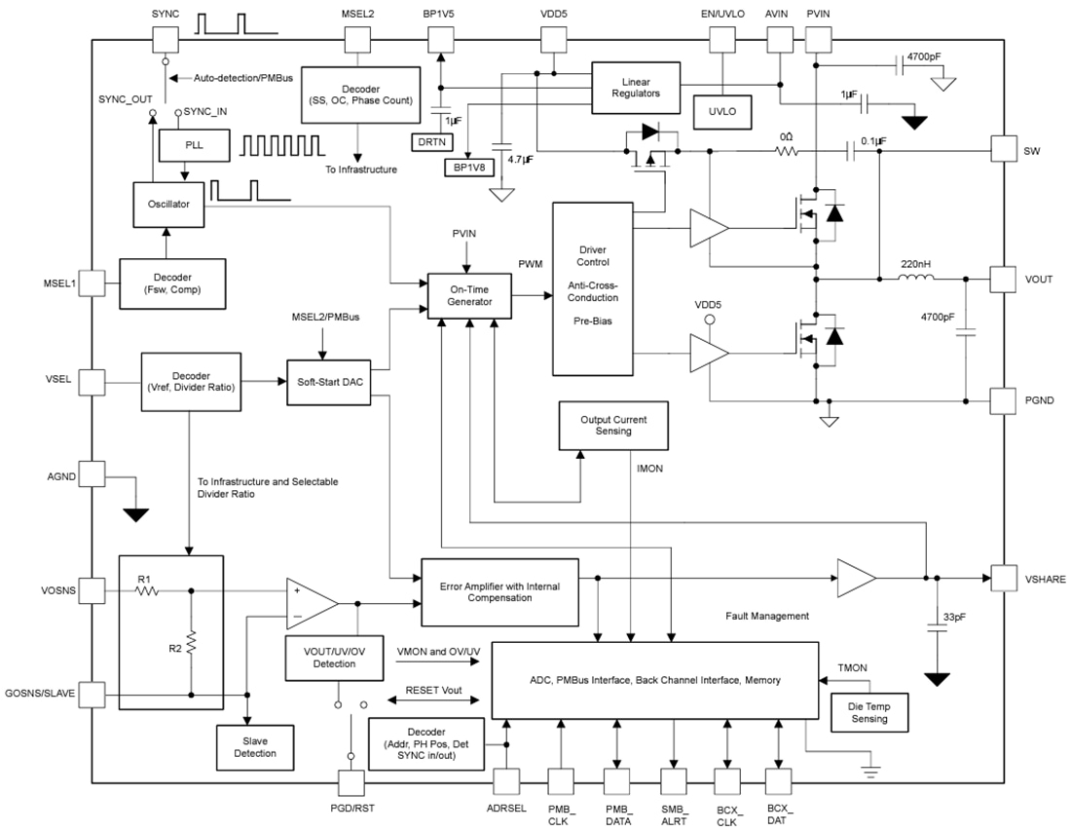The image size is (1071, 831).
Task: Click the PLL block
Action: click(x=194, y=145)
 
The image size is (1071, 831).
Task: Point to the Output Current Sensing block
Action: click(x=613, y=425)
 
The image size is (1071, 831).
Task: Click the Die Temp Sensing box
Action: click(x=868, y=712)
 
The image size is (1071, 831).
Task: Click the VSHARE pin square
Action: click(x=1003, y=578)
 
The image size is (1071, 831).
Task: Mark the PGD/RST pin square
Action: click(x=350, y=783)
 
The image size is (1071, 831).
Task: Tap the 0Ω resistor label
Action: click(x=786, y=137)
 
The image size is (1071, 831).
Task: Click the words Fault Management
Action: click(x=767, y=616)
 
